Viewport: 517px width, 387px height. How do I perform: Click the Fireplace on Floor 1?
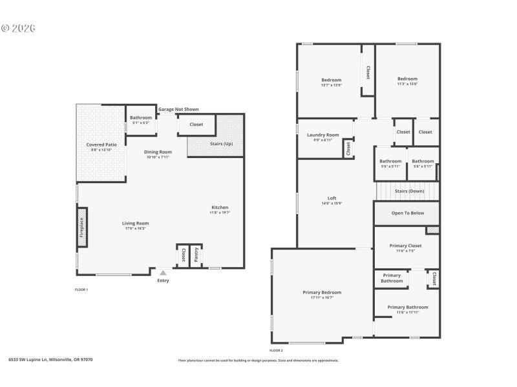pos(82,227)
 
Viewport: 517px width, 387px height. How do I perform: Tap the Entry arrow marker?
pos(163,273)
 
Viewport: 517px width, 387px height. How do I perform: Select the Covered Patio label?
pos(101,145)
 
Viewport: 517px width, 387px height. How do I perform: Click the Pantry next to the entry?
pos(196,255)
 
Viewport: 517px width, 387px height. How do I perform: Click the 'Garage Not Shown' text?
pos(178,110)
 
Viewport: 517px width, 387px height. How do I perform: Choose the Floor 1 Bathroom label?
pos(140,118)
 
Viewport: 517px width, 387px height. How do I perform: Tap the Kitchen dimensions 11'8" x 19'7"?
pos(220,212)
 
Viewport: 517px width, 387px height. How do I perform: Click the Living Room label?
pos(136,223)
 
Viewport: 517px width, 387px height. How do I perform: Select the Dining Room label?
pos(157,152)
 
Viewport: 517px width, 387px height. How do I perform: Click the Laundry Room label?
pos(322,135)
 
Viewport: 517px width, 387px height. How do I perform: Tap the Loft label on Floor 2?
pos(332,198)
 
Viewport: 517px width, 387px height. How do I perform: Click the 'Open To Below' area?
pos(408,213)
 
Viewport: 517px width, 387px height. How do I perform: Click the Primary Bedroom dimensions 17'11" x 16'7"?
pos(322,297)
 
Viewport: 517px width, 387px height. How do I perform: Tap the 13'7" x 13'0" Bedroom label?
pos(331,85)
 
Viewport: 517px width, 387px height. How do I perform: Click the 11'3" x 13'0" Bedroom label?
pos(407,84)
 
